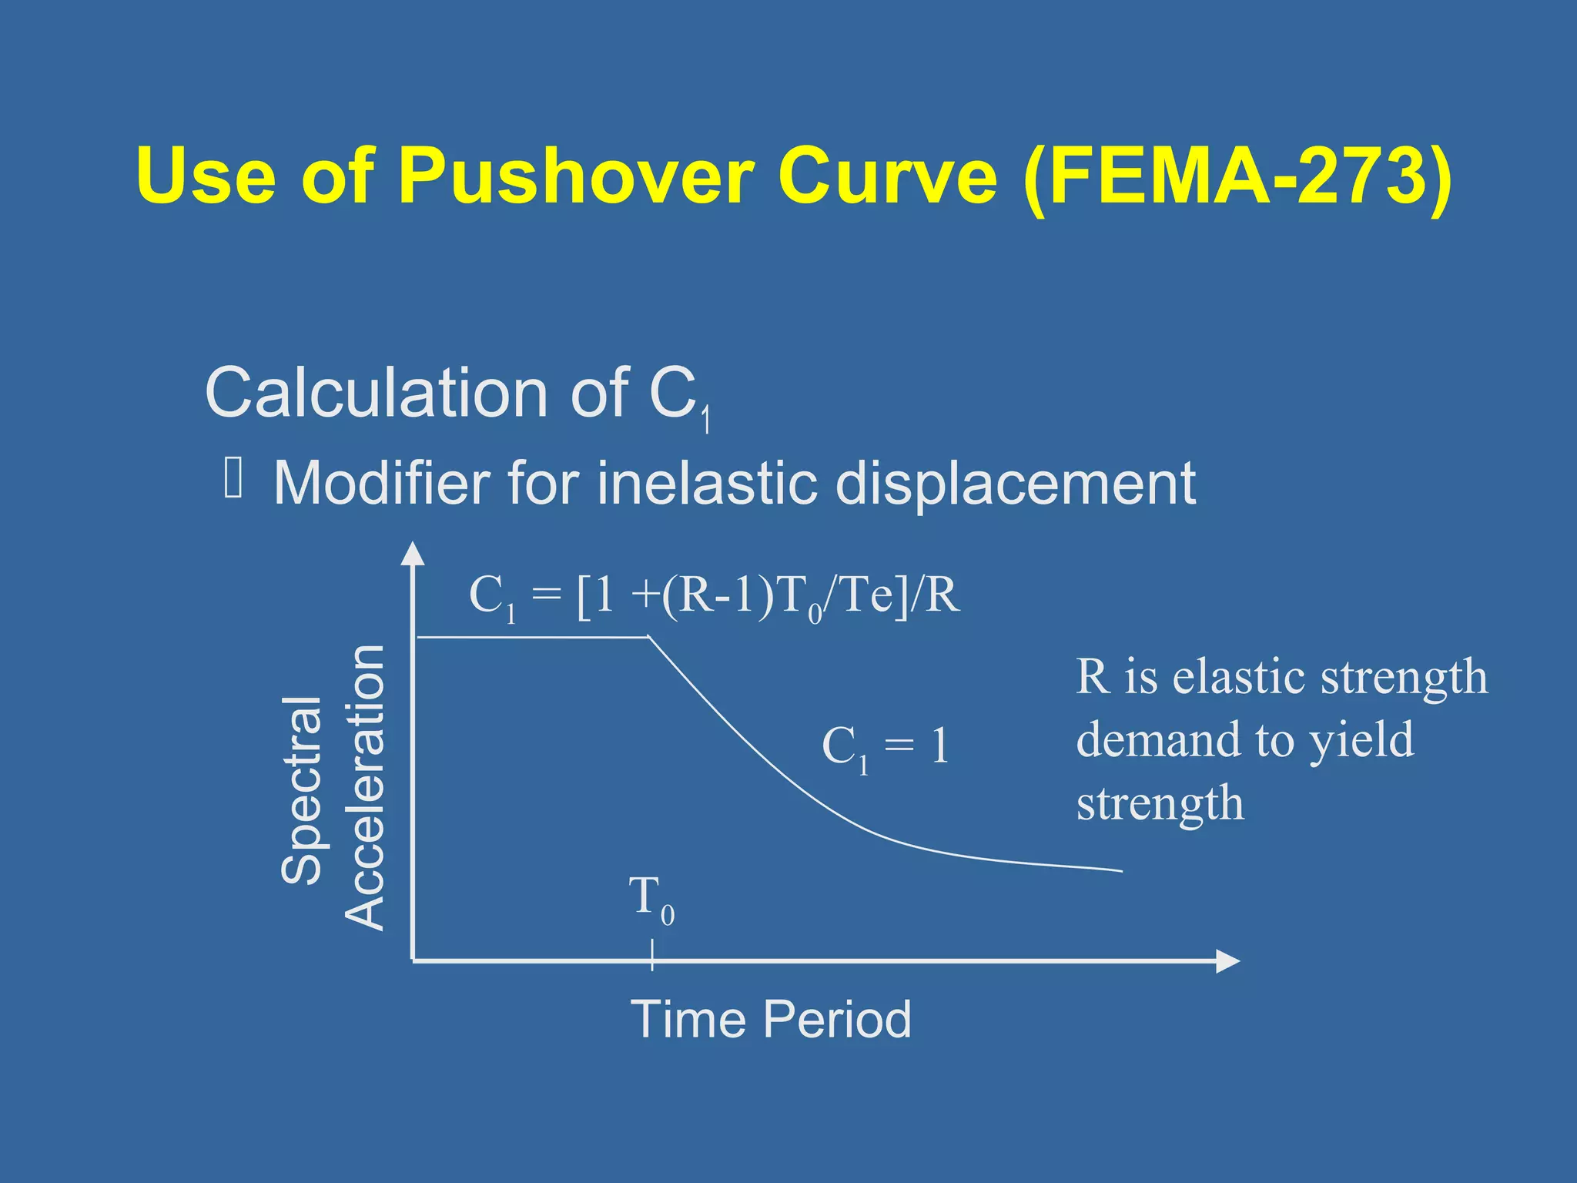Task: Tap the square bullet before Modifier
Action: pyautogui.click(x=233, y=478)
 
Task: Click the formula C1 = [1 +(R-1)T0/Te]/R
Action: pyautogui.click(x=714, y=597)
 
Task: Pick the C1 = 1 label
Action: pyautogui.click(x=885, y=747)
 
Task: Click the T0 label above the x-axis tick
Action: pyautogui.click(x=651, y=899)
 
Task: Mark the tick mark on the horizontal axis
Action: pyautogui.click(x=652, y=955)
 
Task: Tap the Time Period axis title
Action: pyautogui.click(x=771, y=1019)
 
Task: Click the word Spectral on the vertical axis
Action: pyautogui.click(x=301, y=789)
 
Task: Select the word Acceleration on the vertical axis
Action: pyautogui.click(x=364, y=787)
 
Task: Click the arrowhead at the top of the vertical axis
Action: pyautogui.click(x=414, y=553)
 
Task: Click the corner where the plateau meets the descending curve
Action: pyautogui.click(x=649, y=637)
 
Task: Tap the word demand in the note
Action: pyautogui.click(x=1158, y=740)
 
